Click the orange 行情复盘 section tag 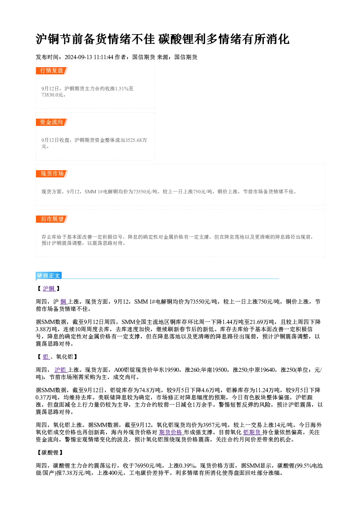click(x=52, y=71)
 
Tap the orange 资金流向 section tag click(x=52, y=122)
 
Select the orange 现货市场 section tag click(x=52, y=174)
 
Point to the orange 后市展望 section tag click(x=52, y=219)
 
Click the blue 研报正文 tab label click(x=49, y=275)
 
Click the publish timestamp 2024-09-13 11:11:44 click(x=89, y=57)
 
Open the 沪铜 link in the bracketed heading click(x=49, y=288)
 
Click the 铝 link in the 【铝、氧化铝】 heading click(x=46, y=357)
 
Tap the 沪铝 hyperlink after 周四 click(x=61, y=370)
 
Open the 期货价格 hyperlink click(x=171, y=432)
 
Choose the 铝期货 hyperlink click(x=252, y=432)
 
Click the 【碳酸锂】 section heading click(x=50, y=453)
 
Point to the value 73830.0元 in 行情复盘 click(x=52, y=95)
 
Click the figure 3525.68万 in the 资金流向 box click(x=136, y=140)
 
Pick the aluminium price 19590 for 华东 click(x=172, y=370)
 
